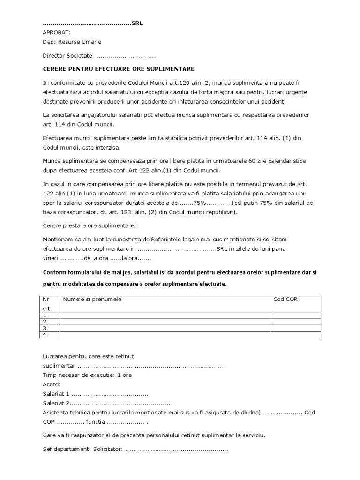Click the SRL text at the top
(137, 23)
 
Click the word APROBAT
(57, 32)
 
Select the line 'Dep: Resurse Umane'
(72, 42)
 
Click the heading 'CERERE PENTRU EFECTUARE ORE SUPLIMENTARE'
(118, 68)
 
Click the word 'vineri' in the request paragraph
(51, 258)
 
